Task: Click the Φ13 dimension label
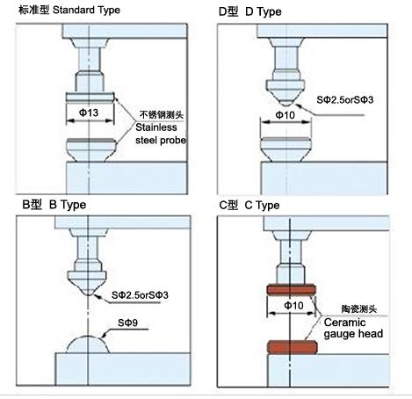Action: [89, 112]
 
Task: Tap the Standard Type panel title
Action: [69, 10]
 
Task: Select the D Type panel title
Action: [250, 11]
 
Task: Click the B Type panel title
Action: [54, 205]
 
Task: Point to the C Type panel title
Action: [249, 205]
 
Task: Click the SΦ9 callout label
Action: [127, 323]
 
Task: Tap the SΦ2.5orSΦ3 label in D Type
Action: [345, 100]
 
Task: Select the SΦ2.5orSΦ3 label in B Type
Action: [140, 295]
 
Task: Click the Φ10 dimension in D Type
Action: [285, 115]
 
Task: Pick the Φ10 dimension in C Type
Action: [293, 306]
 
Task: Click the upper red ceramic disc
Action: [292, 289]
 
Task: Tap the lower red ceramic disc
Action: [292, 347]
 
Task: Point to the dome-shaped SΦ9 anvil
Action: [88, 345]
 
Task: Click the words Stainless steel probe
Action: [161, 134]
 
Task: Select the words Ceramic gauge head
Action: [353, 328]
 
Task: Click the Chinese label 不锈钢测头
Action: [162, 114]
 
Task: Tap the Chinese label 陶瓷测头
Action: [359, 308]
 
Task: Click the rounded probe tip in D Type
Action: [286, 103]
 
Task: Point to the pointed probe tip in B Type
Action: [88, 292]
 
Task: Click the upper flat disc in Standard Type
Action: [90, 98]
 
